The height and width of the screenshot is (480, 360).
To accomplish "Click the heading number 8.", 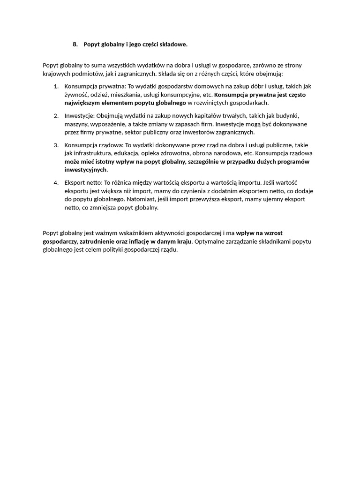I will pyautogui.click(x=75, y=45).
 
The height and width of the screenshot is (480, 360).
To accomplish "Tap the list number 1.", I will pyautogui.click(x=56, y=86).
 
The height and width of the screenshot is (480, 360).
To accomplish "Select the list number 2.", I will pyautogui.click(x=56, y=115).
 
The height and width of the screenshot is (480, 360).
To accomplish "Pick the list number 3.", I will pyautogui.click(x=56, y=145).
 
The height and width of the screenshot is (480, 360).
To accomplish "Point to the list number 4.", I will pyautogui.click(x=56, y=182).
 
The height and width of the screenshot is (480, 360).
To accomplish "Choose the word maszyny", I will pyautogui.click(x=76, y=124).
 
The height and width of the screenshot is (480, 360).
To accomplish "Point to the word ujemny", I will pyautogui.click(x=259, y=199).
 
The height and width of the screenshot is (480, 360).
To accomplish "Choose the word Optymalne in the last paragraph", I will pyautogui.click(x=210, y=241).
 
